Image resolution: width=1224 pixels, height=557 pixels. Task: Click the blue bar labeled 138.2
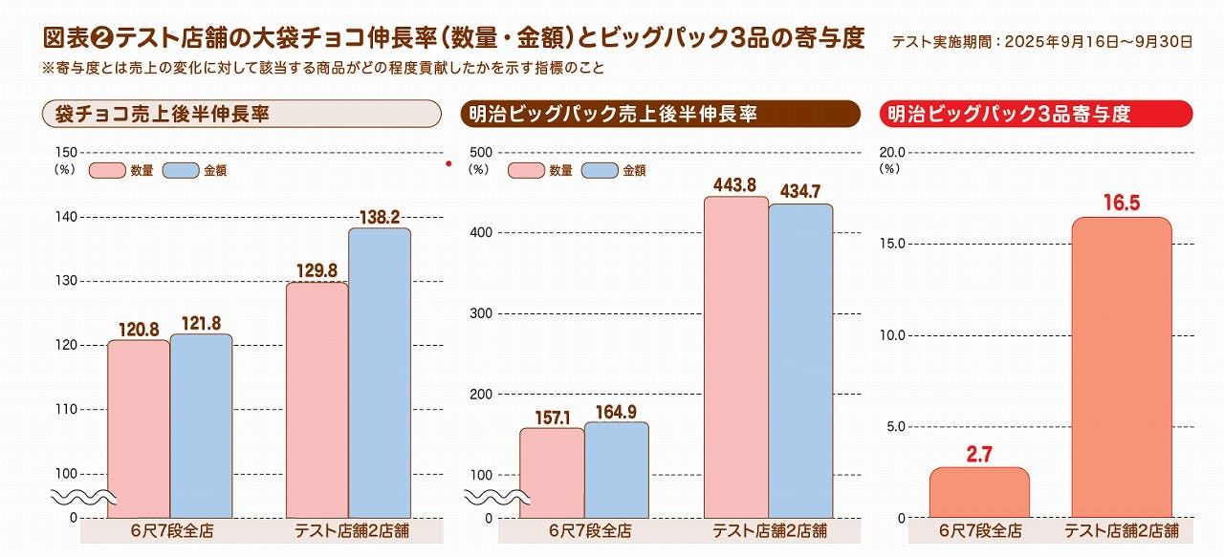[379, 373]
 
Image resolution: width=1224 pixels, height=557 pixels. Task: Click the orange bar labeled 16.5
[1121, 368]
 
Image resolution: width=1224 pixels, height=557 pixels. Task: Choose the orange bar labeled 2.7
[979, 493]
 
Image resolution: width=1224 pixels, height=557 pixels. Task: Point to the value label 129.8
[317, 271]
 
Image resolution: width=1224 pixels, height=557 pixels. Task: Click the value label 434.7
[800, 192]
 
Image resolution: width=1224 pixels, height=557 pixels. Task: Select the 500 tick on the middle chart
[481, 152]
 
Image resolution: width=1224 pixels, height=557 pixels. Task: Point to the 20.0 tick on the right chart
[891, 152]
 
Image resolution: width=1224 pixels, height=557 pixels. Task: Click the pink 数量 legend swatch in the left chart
[107, 170]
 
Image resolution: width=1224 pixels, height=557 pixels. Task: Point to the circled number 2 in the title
[103, 38]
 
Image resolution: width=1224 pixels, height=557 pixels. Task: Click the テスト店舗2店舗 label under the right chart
[1121, 531]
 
